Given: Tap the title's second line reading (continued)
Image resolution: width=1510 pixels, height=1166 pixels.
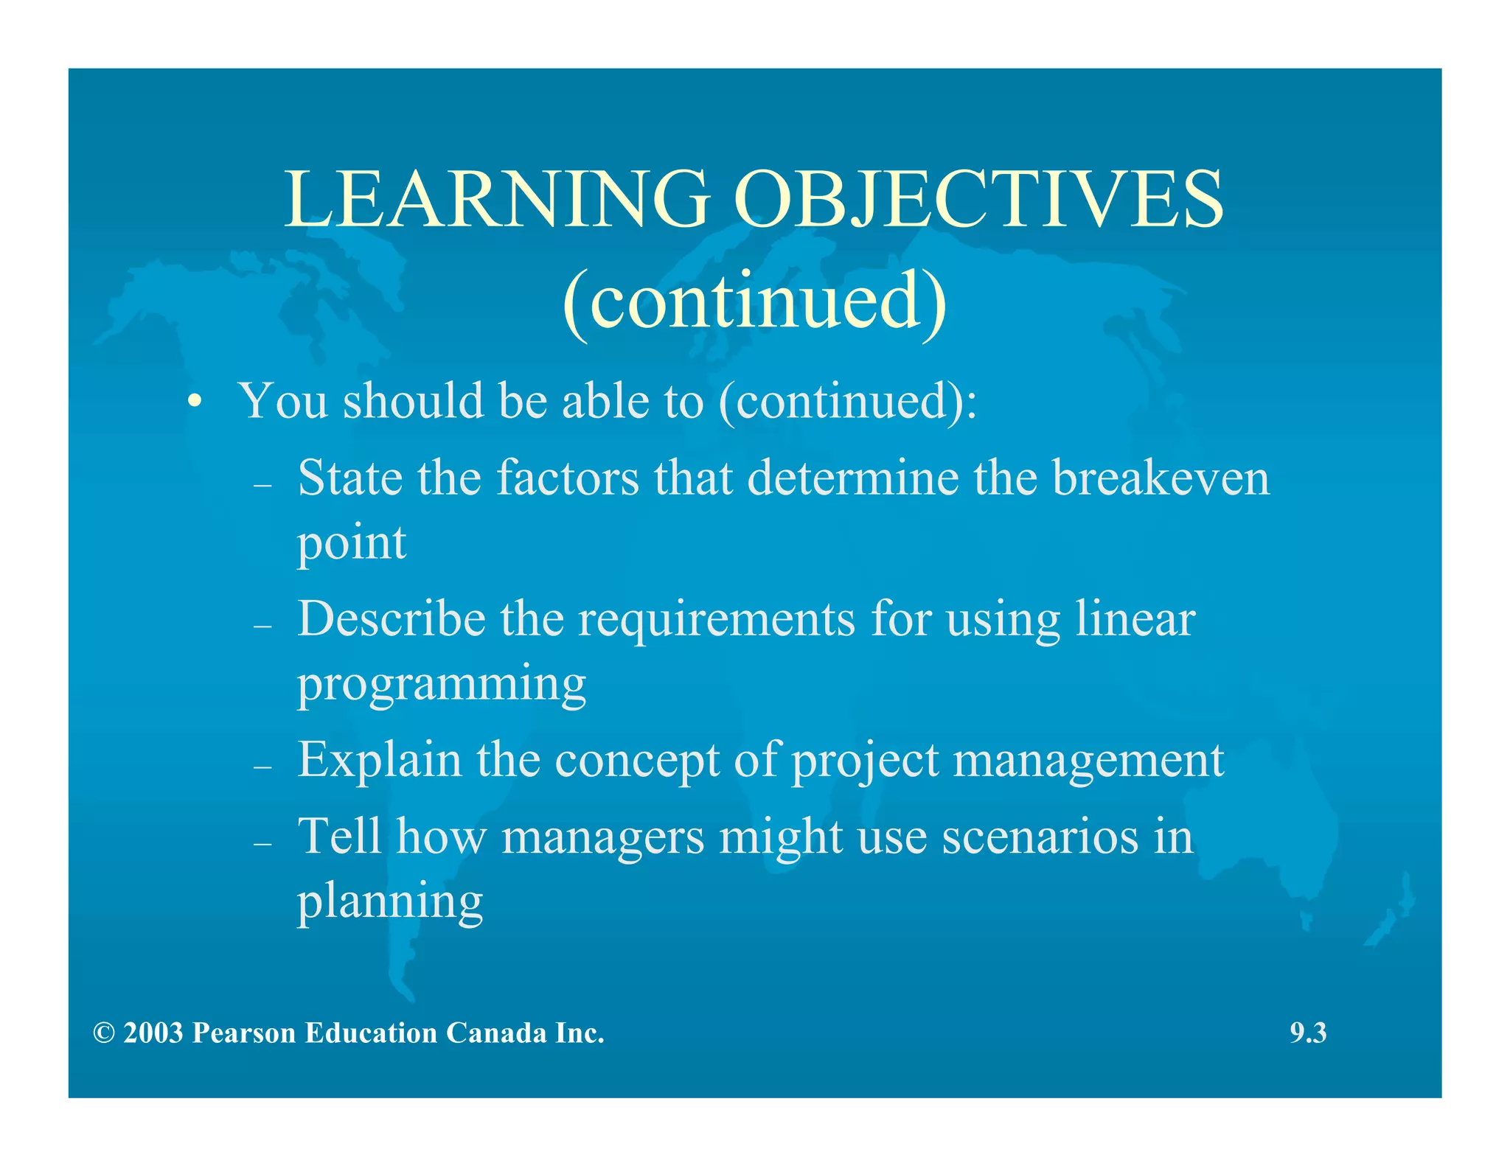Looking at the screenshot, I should click(754, 301).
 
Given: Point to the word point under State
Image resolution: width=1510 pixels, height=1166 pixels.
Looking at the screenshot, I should click(352, 543).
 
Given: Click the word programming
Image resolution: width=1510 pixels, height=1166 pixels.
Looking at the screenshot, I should click(441, 684).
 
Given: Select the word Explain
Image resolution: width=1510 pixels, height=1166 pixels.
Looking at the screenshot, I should click(379, 760).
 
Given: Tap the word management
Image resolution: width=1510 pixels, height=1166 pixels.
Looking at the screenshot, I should click(1088, 761).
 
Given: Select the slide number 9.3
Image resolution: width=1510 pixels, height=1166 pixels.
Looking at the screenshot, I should click(1307, 1033).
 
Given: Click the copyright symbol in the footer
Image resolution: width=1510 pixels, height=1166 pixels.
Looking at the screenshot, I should click(104, 1033).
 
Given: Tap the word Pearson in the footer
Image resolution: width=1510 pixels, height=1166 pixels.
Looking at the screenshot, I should click(243, 1033).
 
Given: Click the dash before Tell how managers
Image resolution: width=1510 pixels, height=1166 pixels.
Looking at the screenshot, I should click(262, 843).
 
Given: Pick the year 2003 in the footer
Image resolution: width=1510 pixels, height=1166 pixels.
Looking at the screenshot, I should click(153, 1033).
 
